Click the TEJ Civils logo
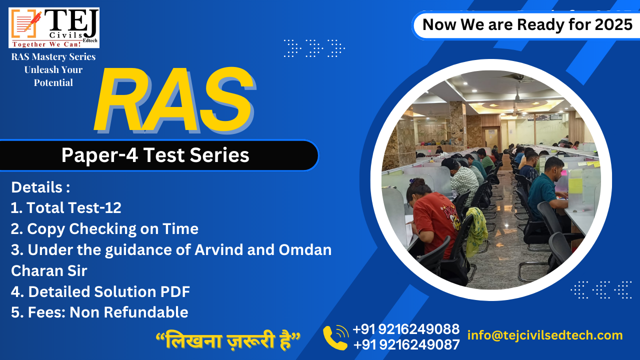(x=54, y=27)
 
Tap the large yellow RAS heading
(x=174, y=100)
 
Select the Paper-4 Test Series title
(x=155, y=155)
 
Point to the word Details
(x=37, y=187)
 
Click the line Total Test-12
(x=66, y=207)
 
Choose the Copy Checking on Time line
(x=104, y=229)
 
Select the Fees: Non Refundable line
(x=99, y=312)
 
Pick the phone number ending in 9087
(x=406, y=344)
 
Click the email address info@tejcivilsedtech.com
(x=545, y=335)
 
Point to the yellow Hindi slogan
(x=227, y=340)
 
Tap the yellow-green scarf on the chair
(x=476, y=231)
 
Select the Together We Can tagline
(x=46, y=44)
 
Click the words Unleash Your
(x=53, y=69)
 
